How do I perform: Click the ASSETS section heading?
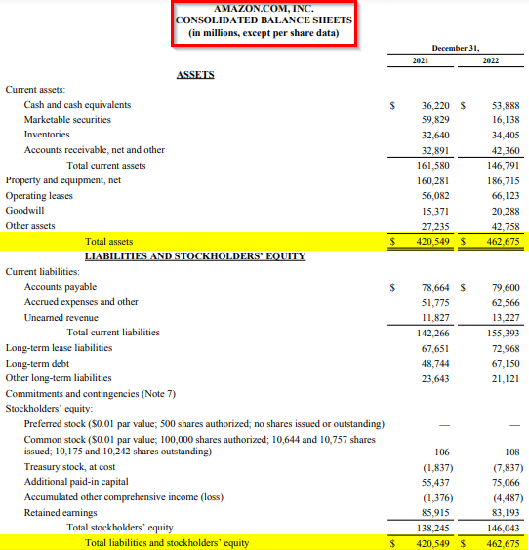[x=195, y=74]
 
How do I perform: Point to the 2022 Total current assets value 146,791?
[x=502, y=165]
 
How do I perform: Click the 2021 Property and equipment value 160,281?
[x=432, y=180]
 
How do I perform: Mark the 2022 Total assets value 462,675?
[x=502, y=241]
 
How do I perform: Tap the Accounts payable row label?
[x=60, y=287]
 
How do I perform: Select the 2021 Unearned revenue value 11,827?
[x=434, y=317]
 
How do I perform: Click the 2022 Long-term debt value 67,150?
[x=504, y=363]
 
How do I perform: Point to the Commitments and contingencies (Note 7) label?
[x=90, y=393]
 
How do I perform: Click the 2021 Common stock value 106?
[x=444, y=452]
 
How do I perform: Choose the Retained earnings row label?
[x=61, y=512]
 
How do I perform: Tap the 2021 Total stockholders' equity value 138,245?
[x=432, y=528]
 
